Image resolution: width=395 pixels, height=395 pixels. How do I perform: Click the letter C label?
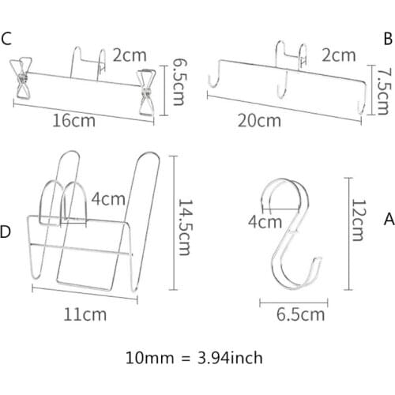(x=7, y=38)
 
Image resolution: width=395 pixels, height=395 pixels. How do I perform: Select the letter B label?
(x=388, y=38)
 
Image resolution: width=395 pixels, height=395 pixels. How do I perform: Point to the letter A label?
(x=387, y=216)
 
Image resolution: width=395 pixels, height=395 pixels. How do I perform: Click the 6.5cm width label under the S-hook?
(x=302, y=314)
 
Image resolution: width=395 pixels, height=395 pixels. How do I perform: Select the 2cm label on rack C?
(x=130, y=55)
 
